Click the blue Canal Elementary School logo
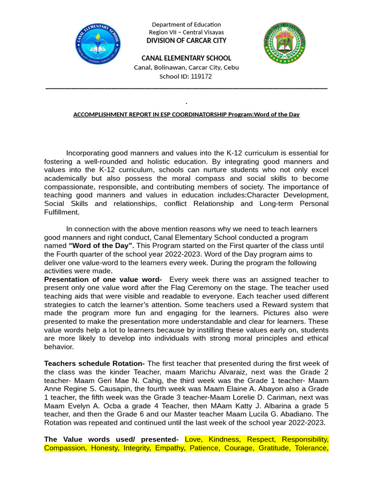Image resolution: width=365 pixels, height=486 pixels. [x=98, y=46]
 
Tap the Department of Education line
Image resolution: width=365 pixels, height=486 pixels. [x=186, y=25]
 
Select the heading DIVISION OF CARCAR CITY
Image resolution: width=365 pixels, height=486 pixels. [x=186, y=41]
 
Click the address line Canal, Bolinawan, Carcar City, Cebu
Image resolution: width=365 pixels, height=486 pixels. [x=186, y=67]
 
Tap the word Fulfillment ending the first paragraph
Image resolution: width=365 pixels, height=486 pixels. [x=62, y=212]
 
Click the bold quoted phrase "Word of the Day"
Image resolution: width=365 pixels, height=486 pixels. [x=102, y=245]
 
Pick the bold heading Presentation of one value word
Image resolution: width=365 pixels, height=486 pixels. [x=102, y=280]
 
